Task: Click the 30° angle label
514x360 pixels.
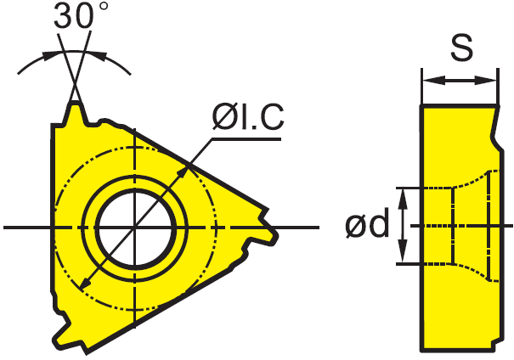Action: (81, 14)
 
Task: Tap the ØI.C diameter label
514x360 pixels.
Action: (248, 117)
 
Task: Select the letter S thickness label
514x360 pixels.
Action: (461, 48)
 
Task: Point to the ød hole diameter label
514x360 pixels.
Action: (367, 222)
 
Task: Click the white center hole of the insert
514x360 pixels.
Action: (135, 228)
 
